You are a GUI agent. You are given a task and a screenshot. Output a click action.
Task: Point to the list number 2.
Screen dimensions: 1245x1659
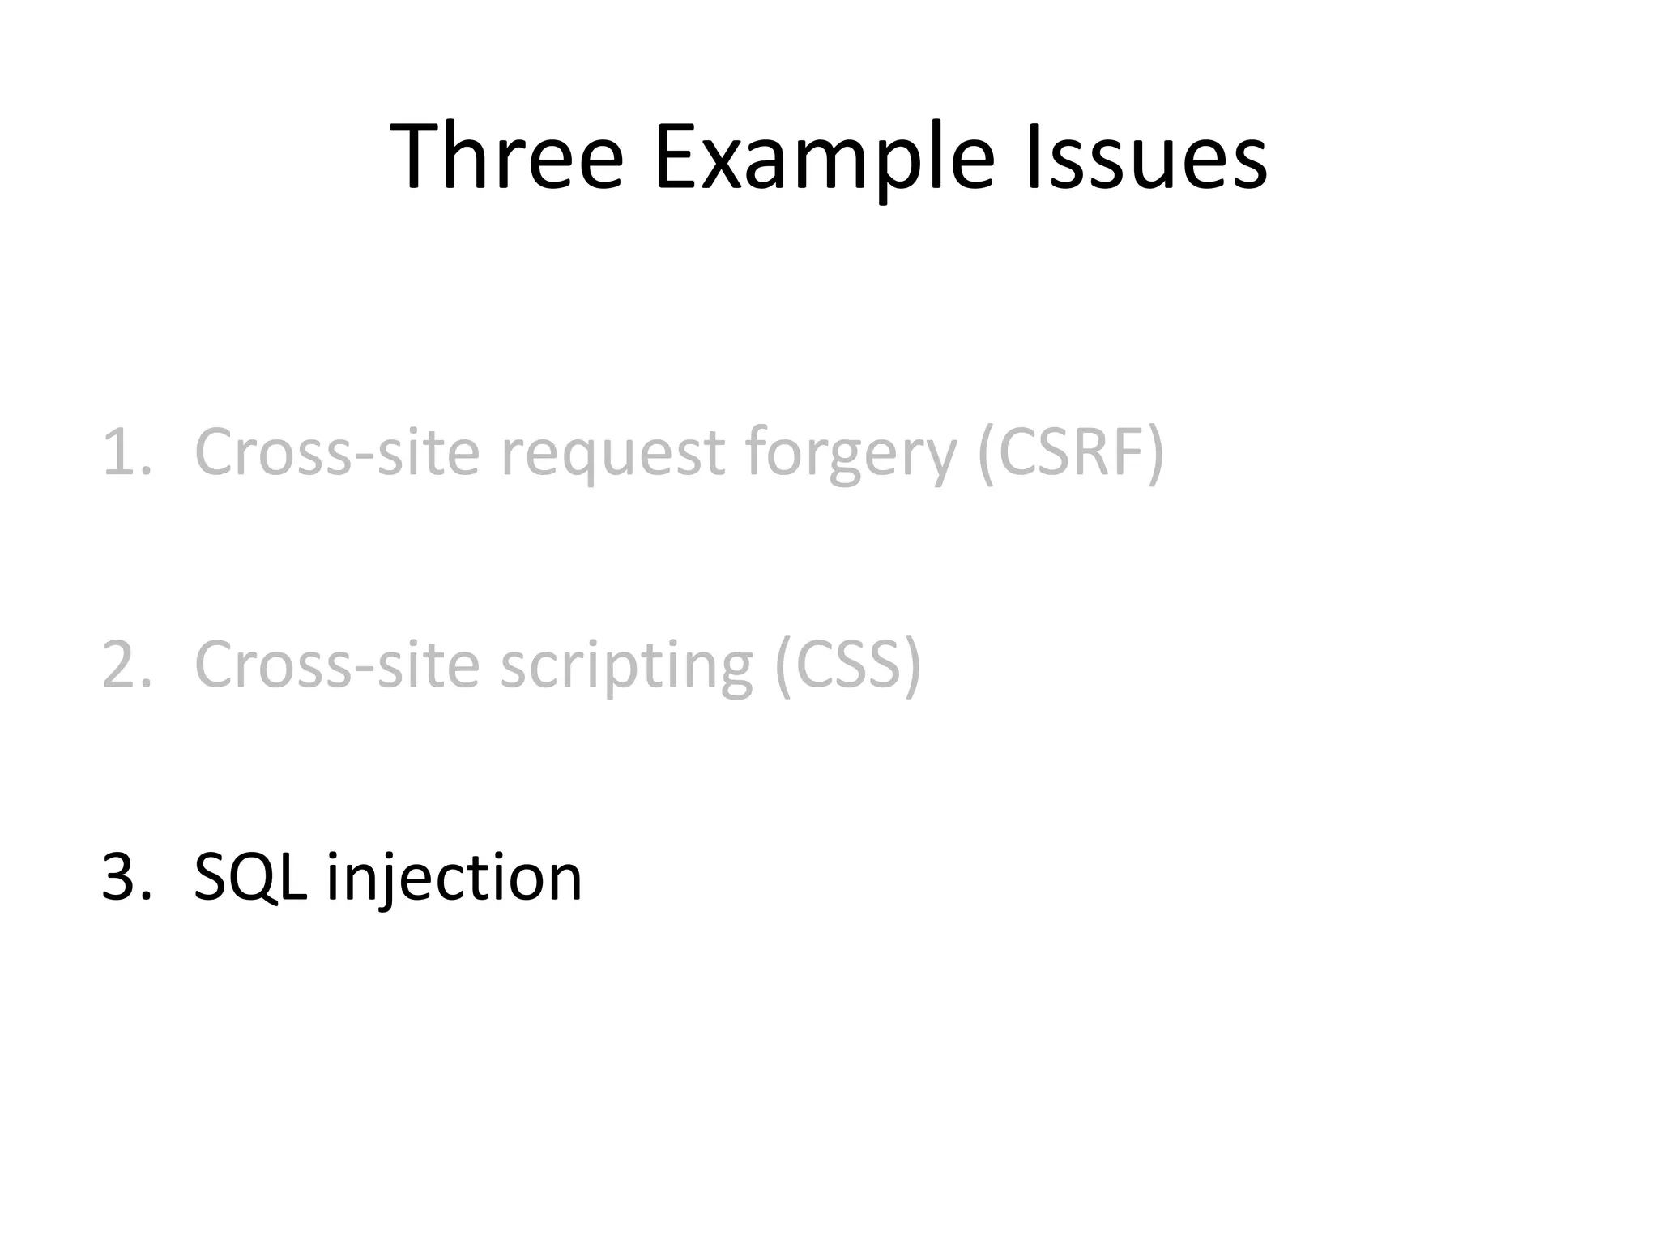(x=125, y=665)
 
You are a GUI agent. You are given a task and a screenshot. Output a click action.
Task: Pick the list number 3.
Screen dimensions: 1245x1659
(x=125, y=877)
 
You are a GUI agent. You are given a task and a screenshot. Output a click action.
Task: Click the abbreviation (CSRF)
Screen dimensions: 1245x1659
(x=1071, y=452)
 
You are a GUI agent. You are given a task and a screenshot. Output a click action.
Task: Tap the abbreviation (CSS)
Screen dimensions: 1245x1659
(x=847, y=665)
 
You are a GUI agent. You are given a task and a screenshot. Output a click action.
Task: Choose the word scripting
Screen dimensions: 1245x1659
(x=627, y=665)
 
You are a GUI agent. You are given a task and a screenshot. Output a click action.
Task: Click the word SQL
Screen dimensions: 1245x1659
(x=249, y=877)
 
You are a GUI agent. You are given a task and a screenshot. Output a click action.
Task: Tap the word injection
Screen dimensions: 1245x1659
(x=454, y=877)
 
